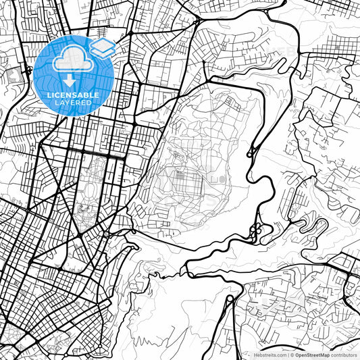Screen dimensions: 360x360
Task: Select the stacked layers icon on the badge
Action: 103,47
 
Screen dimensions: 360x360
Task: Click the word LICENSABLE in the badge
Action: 74,95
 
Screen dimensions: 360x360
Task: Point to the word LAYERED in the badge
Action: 74,103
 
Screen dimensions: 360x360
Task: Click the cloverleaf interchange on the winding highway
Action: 256,232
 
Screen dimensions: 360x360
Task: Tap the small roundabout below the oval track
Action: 106,234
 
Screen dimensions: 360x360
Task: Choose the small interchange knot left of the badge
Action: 28,69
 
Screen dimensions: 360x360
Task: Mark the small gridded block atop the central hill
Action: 234,103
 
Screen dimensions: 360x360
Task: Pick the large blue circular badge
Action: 74,75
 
